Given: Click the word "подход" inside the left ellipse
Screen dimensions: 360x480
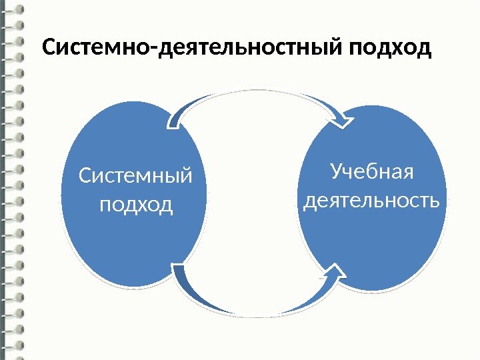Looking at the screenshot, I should [135, 204].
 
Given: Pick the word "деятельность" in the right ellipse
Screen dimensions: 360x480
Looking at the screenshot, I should [371, 199].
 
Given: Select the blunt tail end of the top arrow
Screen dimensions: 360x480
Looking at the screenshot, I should [175, 120].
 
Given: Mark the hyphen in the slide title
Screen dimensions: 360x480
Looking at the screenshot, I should [155, 51].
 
